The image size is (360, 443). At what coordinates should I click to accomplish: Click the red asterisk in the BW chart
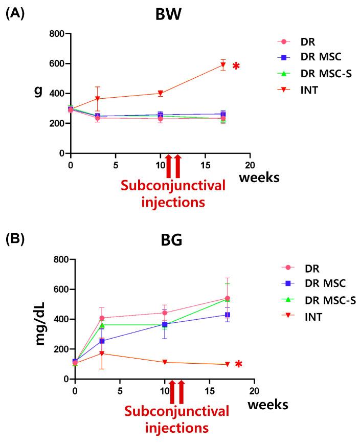click(x=236, y=67)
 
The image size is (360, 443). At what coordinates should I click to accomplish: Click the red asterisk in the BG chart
click(x=238, y=364)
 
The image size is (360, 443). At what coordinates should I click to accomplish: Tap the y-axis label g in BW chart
click(x=37, y=93)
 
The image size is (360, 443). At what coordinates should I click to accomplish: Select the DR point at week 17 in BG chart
click(x=227, y=298)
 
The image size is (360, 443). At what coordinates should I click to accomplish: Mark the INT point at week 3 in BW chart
click(x=98, y=99)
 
